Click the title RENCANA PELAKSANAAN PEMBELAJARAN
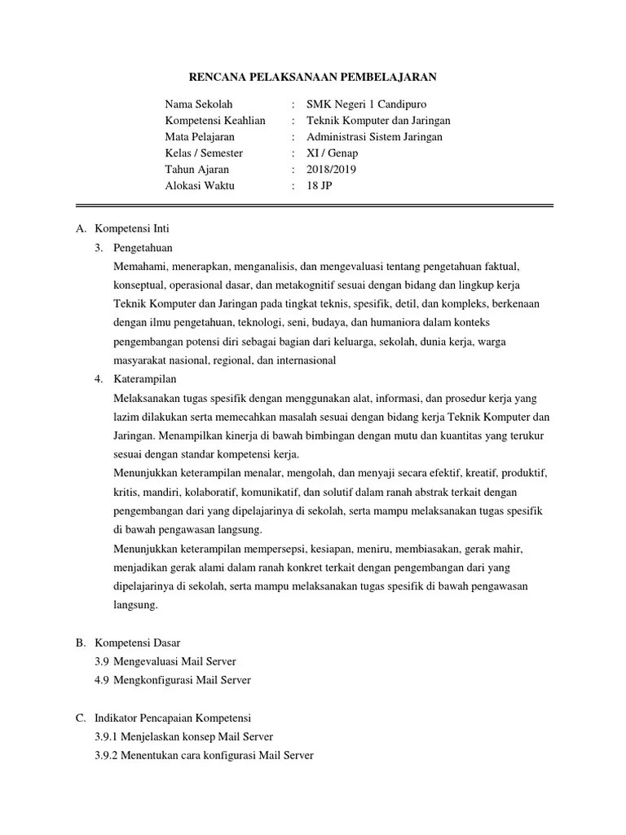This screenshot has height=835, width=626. [314, 77]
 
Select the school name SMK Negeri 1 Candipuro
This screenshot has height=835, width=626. [366, 104]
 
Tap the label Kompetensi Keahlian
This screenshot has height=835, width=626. [215, 121]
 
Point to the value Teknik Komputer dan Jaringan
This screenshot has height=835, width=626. [378, 121]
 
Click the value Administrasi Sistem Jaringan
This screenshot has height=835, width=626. [374, 137]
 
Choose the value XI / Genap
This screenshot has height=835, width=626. [332, 153]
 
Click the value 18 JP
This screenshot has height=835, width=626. [320, 186]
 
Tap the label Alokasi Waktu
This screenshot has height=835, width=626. [200, 186]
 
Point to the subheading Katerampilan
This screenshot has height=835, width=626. [145, 379]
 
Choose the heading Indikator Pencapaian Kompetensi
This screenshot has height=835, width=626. [174, 718]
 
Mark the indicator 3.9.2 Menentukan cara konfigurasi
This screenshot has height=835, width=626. [204, 755]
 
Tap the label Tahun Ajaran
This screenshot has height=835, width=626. [197, 170]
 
